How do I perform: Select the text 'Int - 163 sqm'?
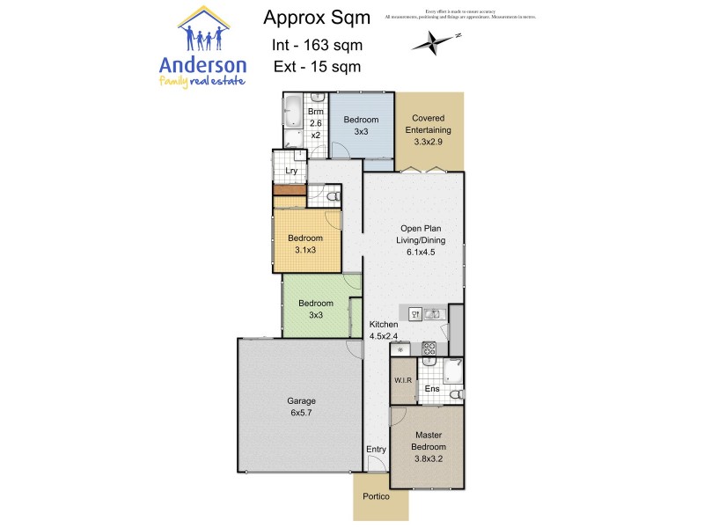point(317,45)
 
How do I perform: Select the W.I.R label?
point(402,381)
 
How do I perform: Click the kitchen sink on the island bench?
point(431,313)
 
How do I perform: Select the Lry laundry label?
point(290,172)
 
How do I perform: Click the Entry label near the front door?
point(376,450)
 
